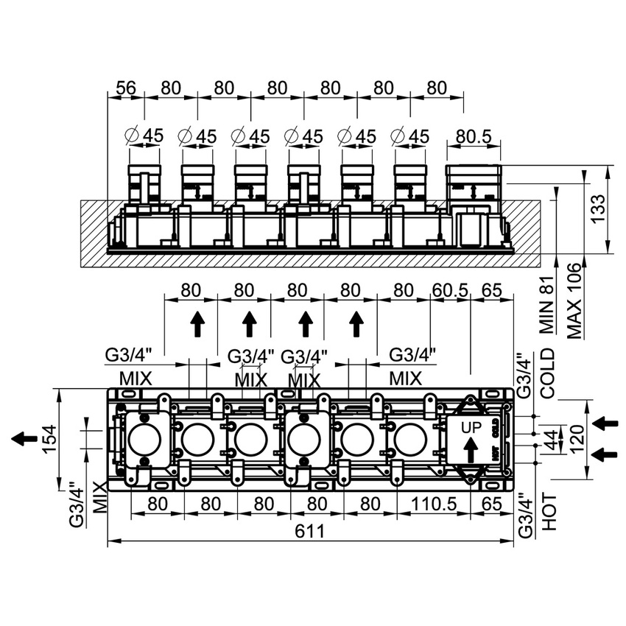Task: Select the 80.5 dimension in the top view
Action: click(474, 136)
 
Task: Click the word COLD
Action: click(547, 374)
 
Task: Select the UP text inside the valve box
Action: click(471, 427)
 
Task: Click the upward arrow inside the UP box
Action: click(471, 448)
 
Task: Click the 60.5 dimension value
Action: click(450, 290)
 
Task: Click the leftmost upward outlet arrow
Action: click(197, 323)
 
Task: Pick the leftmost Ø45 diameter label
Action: click(144, 136)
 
